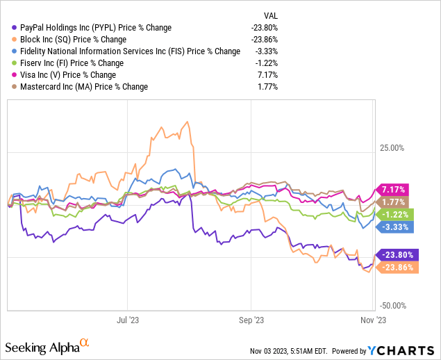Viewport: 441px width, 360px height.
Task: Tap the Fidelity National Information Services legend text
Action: [x=126, y=51]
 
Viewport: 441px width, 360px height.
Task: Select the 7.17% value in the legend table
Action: [x=267, y=75]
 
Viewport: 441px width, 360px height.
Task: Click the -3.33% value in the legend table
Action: [x=265, y=51]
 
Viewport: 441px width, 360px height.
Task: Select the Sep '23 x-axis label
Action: [x=250, y=320]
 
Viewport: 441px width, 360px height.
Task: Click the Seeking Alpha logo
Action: [x=47, y=345]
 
